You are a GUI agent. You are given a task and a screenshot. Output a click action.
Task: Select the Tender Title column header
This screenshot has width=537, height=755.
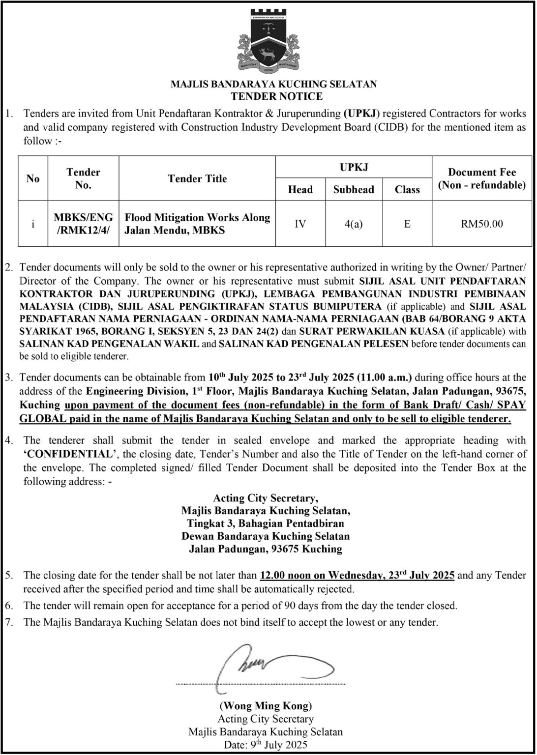(x=197, y=178)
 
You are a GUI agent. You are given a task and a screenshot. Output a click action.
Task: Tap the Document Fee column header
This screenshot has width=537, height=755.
(x=481, y=178)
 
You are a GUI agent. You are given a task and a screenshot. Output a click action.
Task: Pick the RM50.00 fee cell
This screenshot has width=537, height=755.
(x=481, y=224)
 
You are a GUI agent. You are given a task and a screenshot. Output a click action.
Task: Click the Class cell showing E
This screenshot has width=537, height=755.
(x=407, y=224)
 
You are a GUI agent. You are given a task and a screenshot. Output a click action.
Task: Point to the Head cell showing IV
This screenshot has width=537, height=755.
(x=300, y=224)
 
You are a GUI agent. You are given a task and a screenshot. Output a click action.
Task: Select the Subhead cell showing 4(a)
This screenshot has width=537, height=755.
(x=354, y=224)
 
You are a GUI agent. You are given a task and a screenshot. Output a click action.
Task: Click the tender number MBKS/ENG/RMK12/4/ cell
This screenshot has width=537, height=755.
(x=83, y=223)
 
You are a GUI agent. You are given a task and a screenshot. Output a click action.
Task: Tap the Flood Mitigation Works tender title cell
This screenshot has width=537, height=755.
(x=197, y=223)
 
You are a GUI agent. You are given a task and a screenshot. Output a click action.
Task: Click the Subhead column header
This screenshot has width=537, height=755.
(x=354, y=190)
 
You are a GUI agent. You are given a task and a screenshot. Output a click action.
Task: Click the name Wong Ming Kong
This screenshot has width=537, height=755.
(x=266, y=706)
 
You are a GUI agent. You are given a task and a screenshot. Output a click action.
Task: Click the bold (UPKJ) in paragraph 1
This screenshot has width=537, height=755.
(x=361, y=114)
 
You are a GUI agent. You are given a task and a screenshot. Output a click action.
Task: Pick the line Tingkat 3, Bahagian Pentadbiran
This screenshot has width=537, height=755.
(x=266, y=523)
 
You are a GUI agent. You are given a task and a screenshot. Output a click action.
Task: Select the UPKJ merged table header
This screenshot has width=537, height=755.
(x=354, y=167)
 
